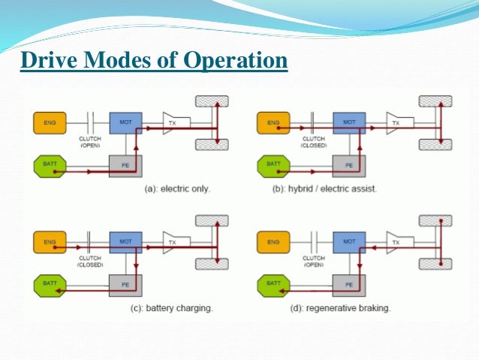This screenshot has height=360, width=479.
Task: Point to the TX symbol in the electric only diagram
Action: pos(174,121)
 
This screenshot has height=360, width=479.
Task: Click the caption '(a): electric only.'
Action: pos(177,189)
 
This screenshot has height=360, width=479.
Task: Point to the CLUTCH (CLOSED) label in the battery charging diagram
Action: pos(90,262)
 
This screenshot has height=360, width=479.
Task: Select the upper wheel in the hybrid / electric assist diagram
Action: pos(435,101)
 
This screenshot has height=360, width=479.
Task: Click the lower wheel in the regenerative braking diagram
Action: pos(435,265)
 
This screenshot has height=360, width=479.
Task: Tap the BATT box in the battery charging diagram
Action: pos(49,284)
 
